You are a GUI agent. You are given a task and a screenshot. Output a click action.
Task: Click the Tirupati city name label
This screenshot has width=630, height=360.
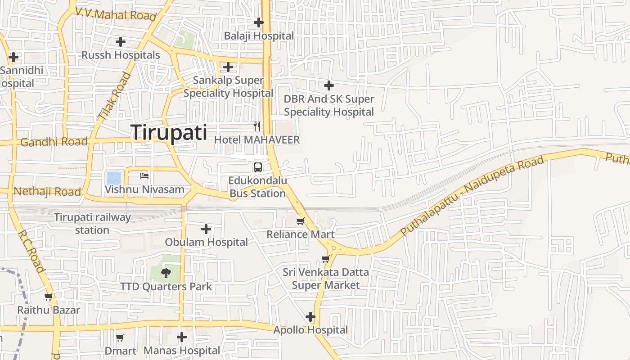pyautogui.click(x=169, y=133)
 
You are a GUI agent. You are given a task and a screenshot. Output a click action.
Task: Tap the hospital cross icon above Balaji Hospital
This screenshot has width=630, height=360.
pyautogui.click(x=259, y=22)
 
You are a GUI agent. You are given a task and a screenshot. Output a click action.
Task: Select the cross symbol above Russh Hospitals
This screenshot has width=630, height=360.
pyautogui.click(x=121, y=42)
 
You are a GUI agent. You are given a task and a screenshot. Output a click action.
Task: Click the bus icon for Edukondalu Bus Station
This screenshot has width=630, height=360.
pyautogui.click(x=258, y=167)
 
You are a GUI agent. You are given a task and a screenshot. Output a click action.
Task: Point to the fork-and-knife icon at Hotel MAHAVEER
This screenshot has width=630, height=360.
pyautogui.click(x=257, y=126)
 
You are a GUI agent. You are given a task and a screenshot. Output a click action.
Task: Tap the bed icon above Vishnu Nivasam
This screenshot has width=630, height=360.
pyautogui.click(x=144, y=176)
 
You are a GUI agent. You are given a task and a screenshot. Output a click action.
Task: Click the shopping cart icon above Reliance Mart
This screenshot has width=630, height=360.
pyautogui.click(x=301, y=221)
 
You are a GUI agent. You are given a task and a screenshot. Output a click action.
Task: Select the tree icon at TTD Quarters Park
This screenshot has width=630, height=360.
pyautogui.click(x=166, y=273)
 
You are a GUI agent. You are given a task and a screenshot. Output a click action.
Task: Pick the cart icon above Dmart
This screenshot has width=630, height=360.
pyautogui.click(x=120, y=337)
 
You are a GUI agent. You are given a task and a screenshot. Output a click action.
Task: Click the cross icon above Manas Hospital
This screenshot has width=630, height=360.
pyautogui.click(x=182, y=337)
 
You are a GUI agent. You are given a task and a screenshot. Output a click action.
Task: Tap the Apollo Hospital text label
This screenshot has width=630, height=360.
pyautogui.click(x=310, y=330)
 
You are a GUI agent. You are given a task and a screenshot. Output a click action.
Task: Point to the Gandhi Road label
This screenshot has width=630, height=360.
pyautogui.click(x=54, y=142)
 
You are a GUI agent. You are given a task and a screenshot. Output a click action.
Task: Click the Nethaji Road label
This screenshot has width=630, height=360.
pyautogui.click(x=47, y=192)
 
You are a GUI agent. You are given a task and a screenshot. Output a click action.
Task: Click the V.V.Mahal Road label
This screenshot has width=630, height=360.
pyautogui.click(x=116, y=14)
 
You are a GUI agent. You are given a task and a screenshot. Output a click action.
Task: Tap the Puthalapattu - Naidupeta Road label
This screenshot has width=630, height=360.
pyautogui.click(x=472, y=196)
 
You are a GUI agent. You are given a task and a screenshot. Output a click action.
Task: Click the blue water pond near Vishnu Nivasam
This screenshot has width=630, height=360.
pyautogui.click(x=113, y=178)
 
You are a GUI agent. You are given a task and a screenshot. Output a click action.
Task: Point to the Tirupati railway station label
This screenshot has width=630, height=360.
pyautogui.click(x=92, y=224)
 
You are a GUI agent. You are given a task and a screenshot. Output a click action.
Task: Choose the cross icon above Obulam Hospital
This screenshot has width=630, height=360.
pyautogui.click(x=206, y=229)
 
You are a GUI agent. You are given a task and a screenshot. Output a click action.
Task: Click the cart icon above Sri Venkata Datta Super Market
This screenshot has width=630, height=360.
pyautogui.click(x=326, y=259)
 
